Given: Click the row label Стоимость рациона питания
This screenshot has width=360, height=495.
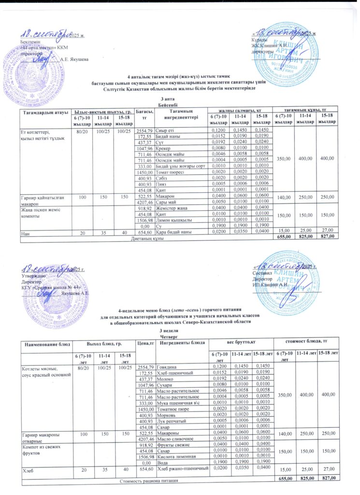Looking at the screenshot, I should [145, 482].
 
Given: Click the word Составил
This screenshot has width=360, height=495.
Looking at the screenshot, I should [263, 273].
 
